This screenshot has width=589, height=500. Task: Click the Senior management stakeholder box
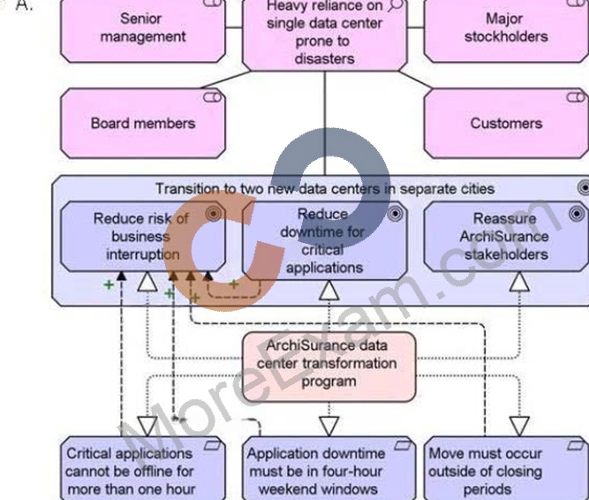[x=143, y=31]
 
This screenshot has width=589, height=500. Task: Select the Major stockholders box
[x=506, y=31]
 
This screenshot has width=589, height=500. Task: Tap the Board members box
[x=143, y=123]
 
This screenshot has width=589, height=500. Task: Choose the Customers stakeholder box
[x=506, y=123]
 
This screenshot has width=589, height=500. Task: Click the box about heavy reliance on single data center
[x=325, y=35]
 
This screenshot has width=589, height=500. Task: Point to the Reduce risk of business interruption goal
[x=143, y=236]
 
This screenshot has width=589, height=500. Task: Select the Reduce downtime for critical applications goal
[x=325, y=240]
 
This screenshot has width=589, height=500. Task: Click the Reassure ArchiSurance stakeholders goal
[x=506, y=236]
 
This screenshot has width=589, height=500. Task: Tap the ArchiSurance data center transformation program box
[x=329, y=367]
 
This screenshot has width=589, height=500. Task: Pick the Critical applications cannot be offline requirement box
[x=143, y=468]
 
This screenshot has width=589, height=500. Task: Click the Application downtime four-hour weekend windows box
[x=329, y=468]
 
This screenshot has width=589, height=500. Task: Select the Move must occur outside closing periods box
[x=506, y=468]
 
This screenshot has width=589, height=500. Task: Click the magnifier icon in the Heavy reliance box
[x=395, y=4]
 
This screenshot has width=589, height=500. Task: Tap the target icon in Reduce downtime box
[x=395, y=214]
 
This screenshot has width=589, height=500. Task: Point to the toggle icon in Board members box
[x=212, y=97]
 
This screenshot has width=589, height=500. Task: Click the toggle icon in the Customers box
[x=576, y=97]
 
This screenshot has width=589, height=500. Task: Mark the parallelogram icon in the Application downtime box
[x=403, y=445]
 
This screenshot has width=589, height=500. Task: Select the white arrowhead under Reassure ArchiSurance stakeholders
[x=519, y=282]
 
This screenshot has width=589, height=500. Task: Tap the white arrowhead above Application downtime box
[x=329, y=426]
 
